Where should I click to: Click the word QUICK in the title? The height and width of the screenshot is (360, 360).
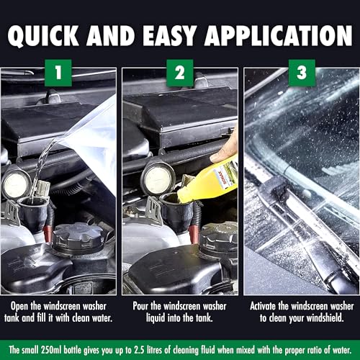(x=63, y=36)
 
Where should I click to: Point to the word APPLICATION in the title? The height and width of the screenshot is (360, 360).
(x=266, y=36)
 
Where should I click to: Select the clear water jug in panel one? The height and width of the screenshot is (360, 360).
(x=94, y=144)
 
